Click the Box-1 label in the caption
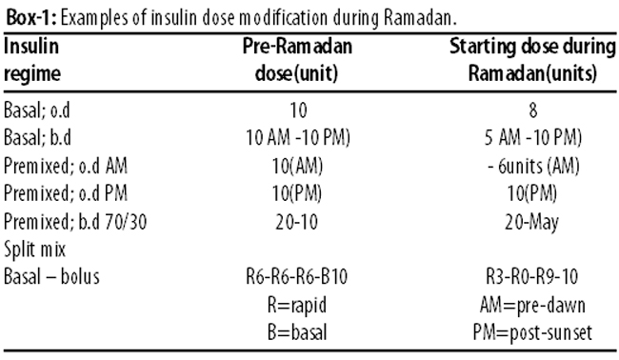point(31,17)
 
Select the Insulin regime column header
point(32,60)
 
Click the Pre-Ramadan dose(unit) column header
point(297,60)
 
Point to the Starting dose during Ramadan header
point(532,60)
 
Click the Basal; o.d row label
point(37,110)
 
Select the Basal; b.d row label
point(37,138)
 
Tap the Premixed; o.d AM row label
point(66,166)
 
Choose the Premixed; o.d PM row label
point(66,193)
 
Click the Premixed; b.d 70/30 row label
point(75,222)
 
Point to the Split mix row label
point(34,250)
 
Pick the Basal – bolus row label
point(51,277)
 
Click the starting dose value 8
point(533,110)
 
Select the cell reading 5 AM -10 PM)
point(533,138)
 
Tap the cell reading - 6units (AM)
point(533,166)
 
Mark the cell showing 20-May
point(531,222)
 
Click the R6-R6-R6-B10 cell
point(296,277)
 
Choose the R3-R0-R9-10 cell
point(531,277)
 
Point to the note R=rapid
point(297,305)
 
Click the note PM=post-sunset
point(532,332)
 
